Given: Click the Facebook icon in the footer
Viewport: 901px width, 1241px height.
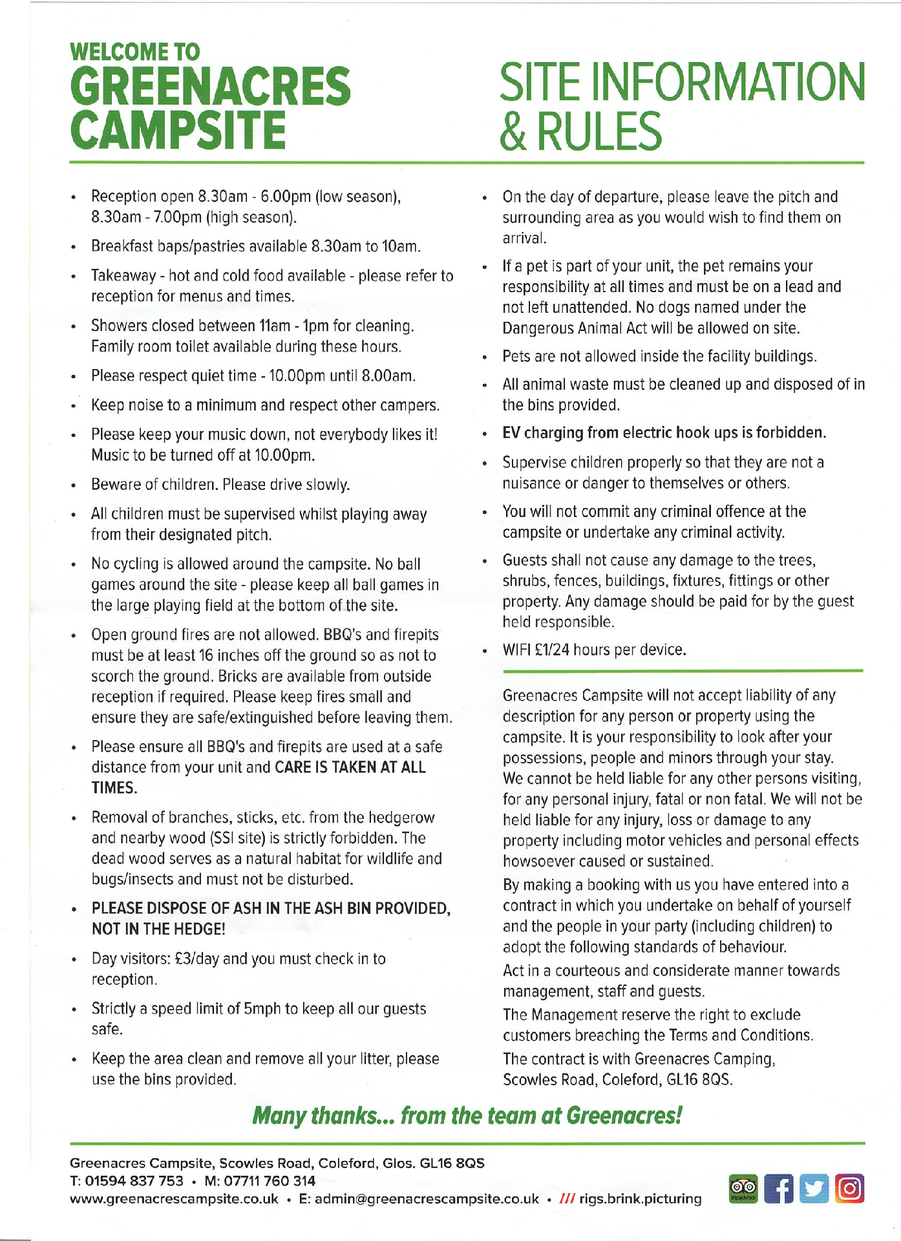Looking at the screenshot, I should coord(779,1189).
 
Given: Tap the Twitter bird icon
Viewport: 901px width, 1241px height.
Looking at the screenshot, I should coord(814,1189).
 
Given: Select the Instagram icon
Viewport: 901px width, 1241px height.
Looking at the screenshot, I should coord(850,1189).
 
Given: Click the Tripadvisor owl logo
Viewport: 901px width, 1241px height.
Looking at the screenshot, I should coord(743,1189).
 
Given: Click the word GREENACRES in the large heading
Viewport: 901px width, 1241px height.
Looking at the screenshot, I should coord(210,87).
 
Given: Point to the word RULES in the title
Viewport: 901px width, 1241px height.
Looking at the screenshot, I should coord(599,131).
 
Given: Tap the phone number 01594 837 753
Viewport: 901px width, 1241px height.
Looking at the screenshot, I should coord(134,1181).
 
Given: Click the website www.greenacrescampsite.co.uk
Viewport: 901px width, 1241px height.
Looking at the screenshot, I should coord(174,1199).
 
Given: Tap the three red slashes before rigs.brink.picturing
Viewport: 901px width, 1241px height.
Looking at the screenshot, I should coord(567,1199).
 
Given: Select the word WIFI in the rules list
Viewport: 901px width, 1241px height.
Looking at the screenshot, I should coord(517,650).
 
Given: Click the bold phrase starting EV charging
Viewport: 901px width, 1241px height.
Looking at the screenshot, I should coord(664,432).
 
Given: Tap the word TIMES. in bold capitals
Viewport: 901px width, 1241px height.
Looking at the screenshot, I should coord(114,788).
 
